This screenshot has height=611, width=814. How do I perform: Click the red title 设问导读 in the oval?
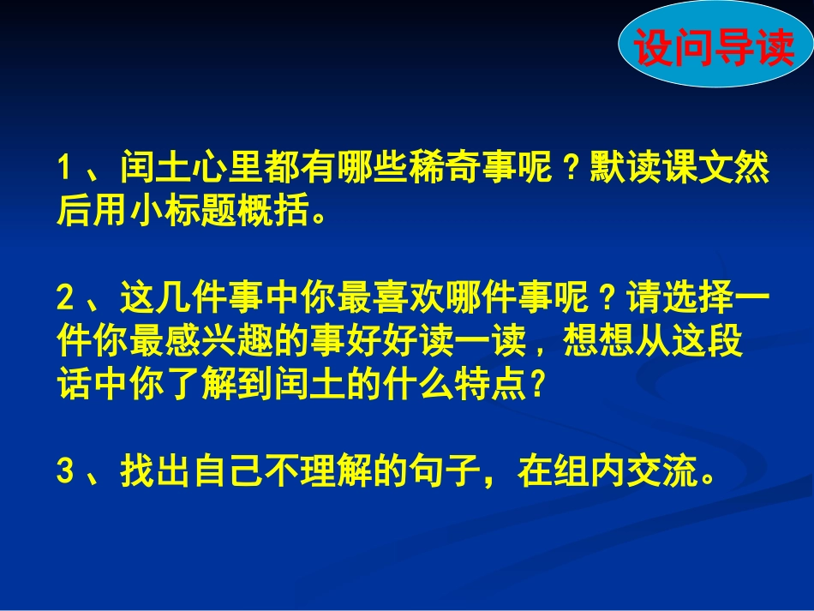[x=714, y=48]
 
